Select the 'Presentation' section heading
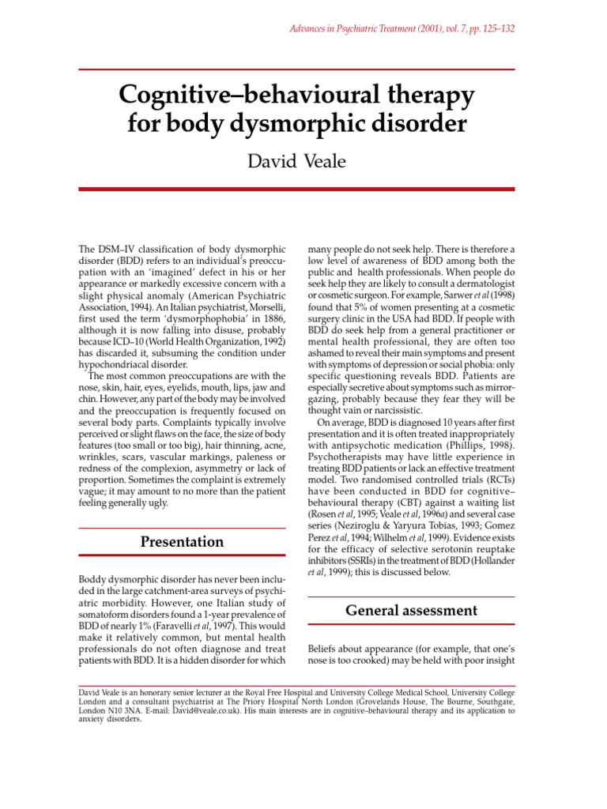pos(182,542)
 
